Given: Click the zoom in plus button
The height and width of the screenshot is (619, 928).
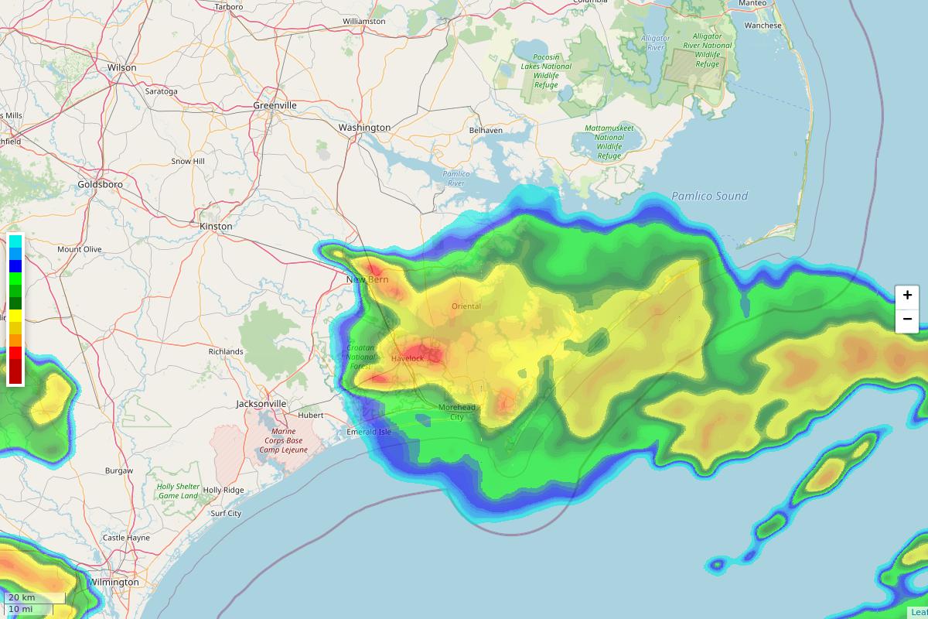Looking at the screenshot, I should [907, 296].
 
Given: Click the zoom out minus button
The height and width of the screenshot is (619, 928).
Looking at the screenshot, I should [907, 320].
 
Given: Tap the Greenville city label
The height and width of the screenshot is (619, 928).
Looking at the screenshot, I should [275, 105].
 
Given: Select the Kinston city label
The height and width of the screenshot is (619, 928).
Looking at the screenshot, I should [216, 226].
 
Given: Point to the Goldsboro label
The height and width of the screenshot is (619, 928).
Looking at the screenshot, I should [100, 185].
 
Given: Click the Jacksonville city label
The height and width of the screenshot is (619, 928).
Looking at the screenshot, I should [261, 404].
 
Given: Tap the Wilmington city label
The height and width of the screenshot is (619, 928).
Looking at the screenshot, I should [114, 582].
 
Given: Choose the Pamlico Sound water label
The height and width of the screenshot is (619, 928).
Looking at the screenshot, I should [709, 197].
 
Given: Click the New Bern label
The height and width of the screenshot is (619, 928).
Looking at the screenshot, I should [367, 279].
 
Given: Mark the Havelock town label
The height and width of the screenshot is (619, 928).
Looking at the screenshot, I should [407, 358].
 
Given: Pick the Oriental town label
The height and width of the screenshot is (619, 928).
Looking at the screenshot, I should [466, 306].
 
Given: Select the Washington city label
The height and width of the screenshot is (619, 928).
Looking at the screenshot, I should [364, 128].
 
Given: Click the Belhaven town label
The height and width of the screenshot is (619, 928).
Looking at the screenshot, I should [486, 131].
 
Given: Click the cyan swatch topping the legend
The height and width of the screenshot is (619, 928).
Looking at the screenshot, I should [15, 241].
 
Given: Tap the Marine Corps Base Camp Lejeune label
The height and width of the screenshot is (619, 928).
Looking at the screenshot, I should [283, 441].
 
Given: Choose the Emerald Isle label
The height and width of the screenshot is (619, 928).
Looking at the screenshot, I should [369, 432].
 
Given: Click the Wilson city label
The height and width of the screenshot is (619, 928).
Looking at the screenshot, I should [121, 68].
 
